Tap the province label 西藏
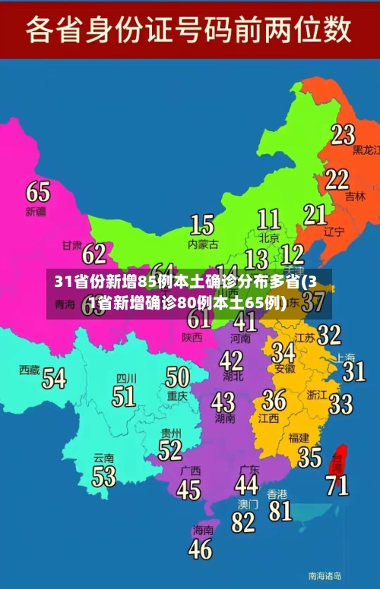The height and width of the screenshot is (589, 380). (x=29, y=370)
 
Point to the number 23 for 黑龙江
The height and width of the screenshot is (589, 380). (x=343, y=134)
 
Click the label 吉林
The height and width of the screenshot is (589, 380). (x=355, y=196)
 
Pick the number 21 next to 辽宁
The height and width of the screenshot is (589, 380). (x=315, y=215)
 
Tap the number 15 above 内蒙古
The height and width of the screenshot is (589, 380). (x=201, y=225)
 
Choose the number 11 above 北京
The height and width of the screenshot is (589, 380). (x=268, y=220)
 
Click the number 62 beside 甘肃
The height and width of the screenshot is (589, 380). (x=94, y=253)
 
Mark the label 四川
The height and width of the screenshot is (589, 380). (x=126, y=378)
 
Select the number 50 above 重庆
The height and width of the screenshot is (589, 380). (x=177, y=376)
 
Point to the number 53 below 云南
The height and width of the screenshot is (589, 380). (x=103, y=476)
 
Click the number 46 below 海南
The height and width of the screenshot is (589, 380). (x=200, y=548)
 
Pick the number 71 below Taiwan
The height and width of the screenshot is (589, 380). (x=337, y=484)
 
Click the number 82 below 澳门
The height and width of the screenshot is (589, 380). (x=243, y=522)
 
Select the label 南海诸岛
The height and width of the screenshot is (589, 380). (x=325, y=575)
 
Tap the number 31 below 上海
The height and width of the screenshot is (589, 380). (x=353, y=371)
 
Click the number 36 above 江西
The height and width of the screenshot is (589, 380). (x=274, y=400)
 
